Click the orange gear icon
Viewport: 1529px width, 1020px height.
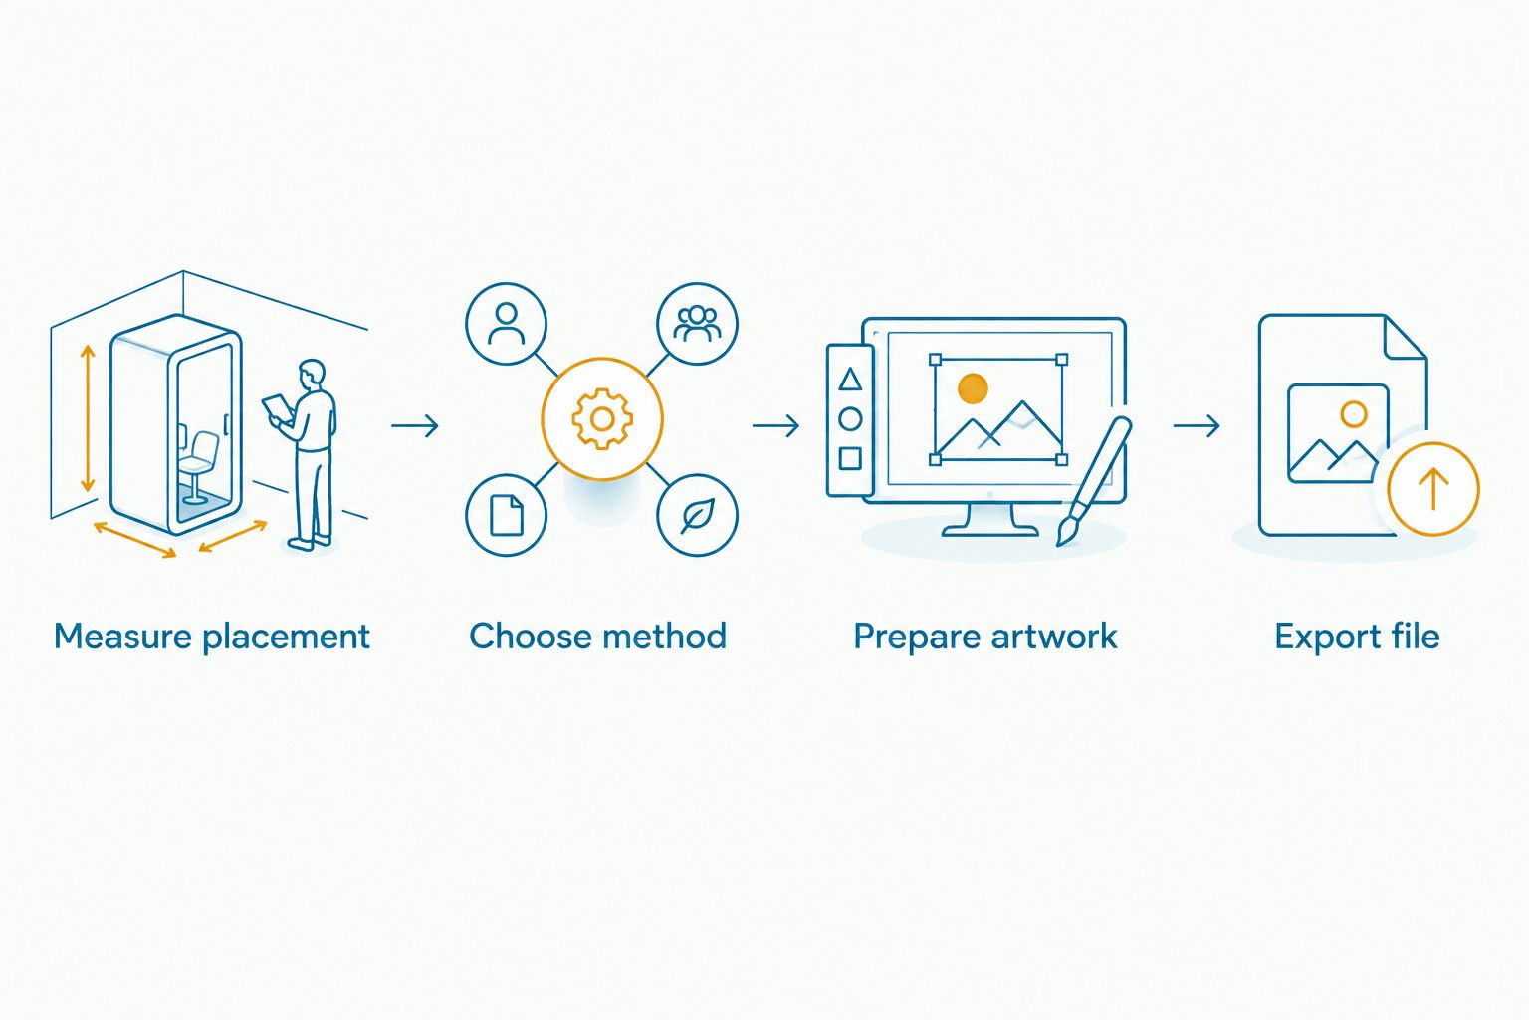(602, 418)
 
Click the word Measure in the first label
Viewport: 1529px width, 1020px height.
(122, 637)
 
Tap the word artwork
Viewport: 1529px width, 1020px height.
(1054, 637)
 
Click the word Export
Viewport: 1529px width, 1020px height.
(1319, 637)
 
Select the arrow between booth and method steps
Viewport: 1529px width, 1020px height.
(415, 425)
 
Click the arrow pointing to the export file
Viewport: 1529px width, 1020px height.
(1197, 425)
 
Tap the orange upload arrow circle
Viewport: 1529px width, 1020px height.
(1433, 488)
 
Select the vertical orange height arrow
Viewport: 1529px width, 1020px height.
(88, 418)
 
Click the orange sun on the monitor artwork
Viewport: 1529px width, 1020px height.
(973, 388)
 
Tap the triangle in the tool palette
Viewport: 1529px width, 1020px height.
(850, 380)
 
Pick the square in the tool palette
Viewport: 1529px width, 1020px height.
(850, 458)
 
